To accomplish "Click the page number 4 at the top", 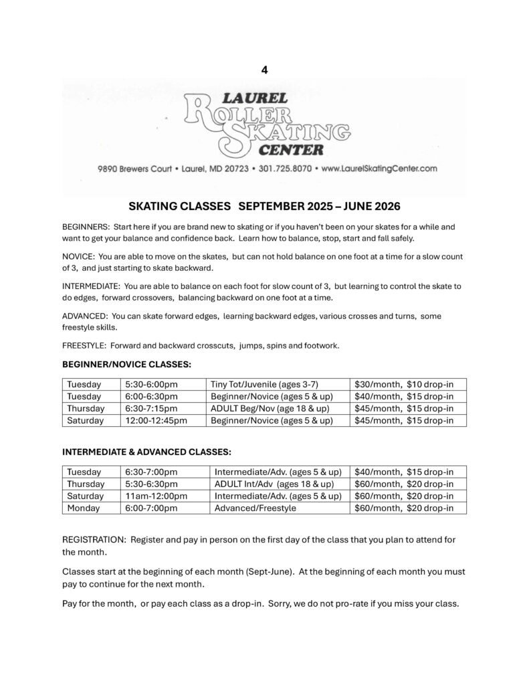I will pos(264,69).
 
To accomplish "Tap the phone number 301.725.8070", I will pos(285,169).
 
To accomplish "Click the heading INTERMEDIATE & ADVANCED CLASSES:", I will pos(147,452).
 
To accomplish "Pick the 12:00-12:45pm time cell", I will pos(156,421).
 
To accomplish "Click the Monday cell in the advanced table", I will pos(84,508).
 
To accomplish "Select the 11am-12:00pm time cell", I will pos(156,496).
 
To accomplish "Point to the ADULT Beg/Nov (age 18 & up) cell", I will pos(269,409).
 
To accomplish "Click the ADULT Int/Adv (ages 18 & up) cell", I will pos(274,484).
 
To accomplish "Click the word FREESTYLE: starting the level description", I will pos(84,346).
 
